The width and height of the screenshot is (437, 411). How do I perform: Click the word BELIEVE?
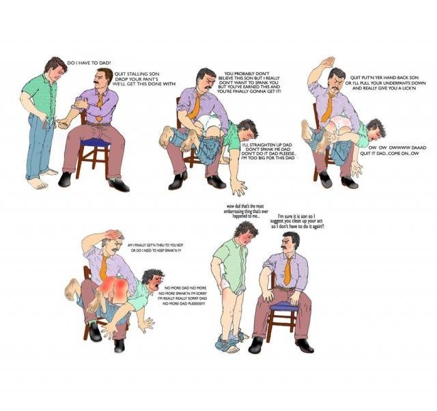coord(226,78)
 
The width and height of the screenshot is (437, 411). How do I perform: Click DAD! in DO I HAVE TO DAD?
coord(104,63)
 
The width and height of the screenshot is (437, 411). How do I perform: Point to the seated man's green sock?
coord(93,322)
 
